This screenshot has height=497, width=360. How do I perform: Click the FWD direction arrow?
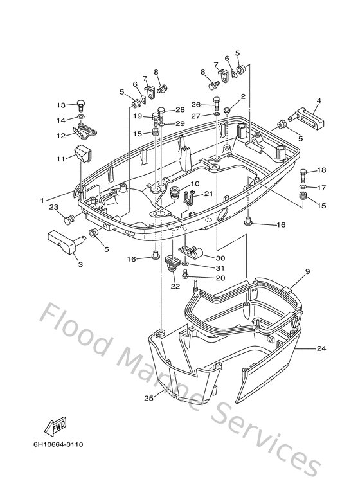[55, 426]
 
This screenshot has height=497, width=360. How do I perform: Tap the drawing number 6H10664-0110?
[59, 444]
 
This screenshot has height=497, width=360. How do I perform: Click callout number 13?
[61, 105]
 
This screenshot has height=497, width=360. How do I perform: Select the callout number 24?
[321, 348]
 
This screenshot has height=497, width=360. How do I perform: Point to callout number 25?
[148, 398]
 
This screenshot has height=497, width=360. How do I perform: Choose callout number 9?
[308, 271]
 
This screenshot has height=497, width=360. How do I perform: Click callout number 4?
[319, 101]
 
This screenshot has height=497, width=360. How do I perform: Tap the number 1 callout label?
[42, 201]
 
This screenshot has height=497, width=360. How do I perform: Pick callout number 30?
[221, 258]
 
